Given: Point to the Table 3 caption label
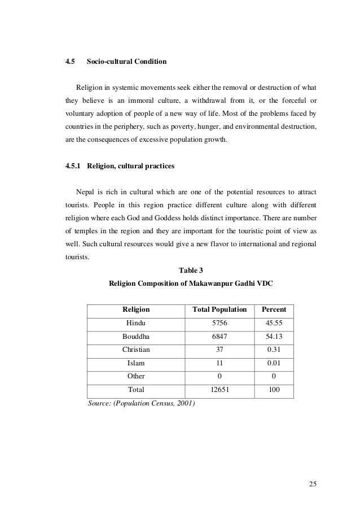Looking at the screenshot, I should [190, 269].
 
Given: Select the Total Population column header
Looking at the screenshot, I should [219, 310].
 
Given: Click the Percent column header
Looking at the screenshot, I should [274, 310].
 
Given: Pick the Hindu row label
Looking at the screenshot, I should [136, 323].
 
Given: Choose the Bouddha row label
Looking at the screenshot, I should [136, 336].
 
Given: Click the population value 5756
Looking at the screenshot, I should [219, 323].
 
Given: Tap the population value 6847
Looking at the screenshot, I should [219, 336].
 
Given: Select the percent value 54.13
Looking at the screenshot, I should [274, 336].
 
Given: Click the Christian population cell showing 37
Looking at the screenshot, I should [219, 350].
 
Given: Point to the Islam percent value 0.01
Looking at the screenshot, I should [274, 363].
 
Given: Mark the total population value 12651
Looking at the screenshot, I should [219, 390].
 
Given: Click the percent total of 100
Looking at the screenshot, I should [274, 390].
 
